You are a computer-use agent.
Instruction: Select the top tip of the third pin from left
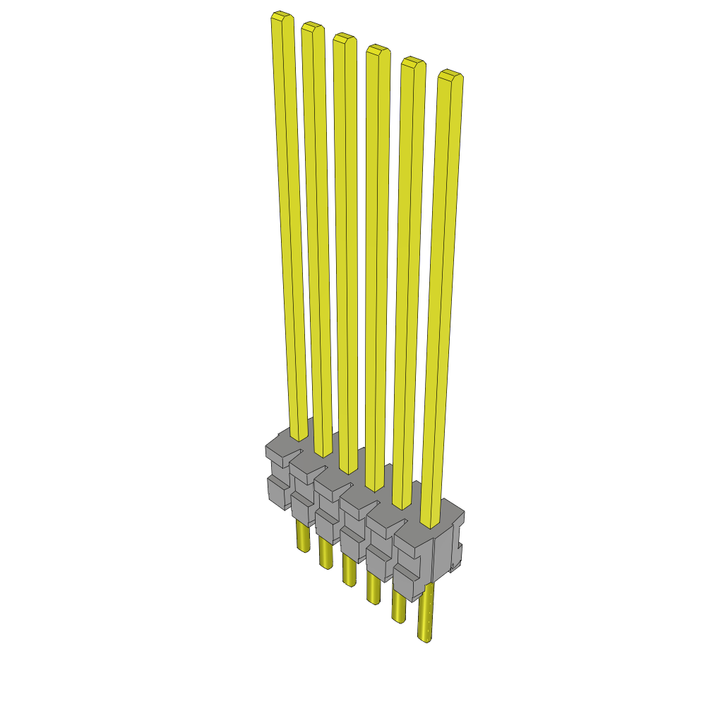(x=344, y=38)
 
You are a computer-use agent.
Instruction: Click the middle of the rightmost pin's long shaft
(x=441, y=297)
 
